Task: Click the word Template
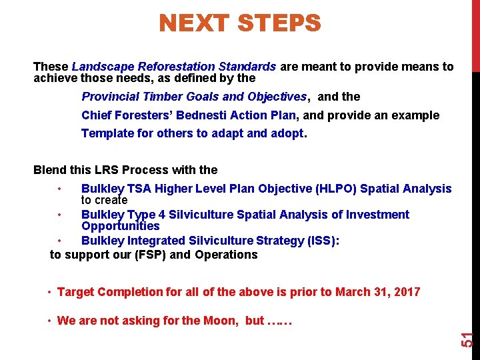(107, 133)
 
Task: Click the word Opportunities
(121, 226)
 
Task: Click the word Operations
(226, 255)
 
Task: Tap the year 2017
(406, 292)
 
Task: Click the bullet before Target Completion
(50, 292)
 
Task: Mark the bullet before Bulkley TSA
(60, 189)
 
